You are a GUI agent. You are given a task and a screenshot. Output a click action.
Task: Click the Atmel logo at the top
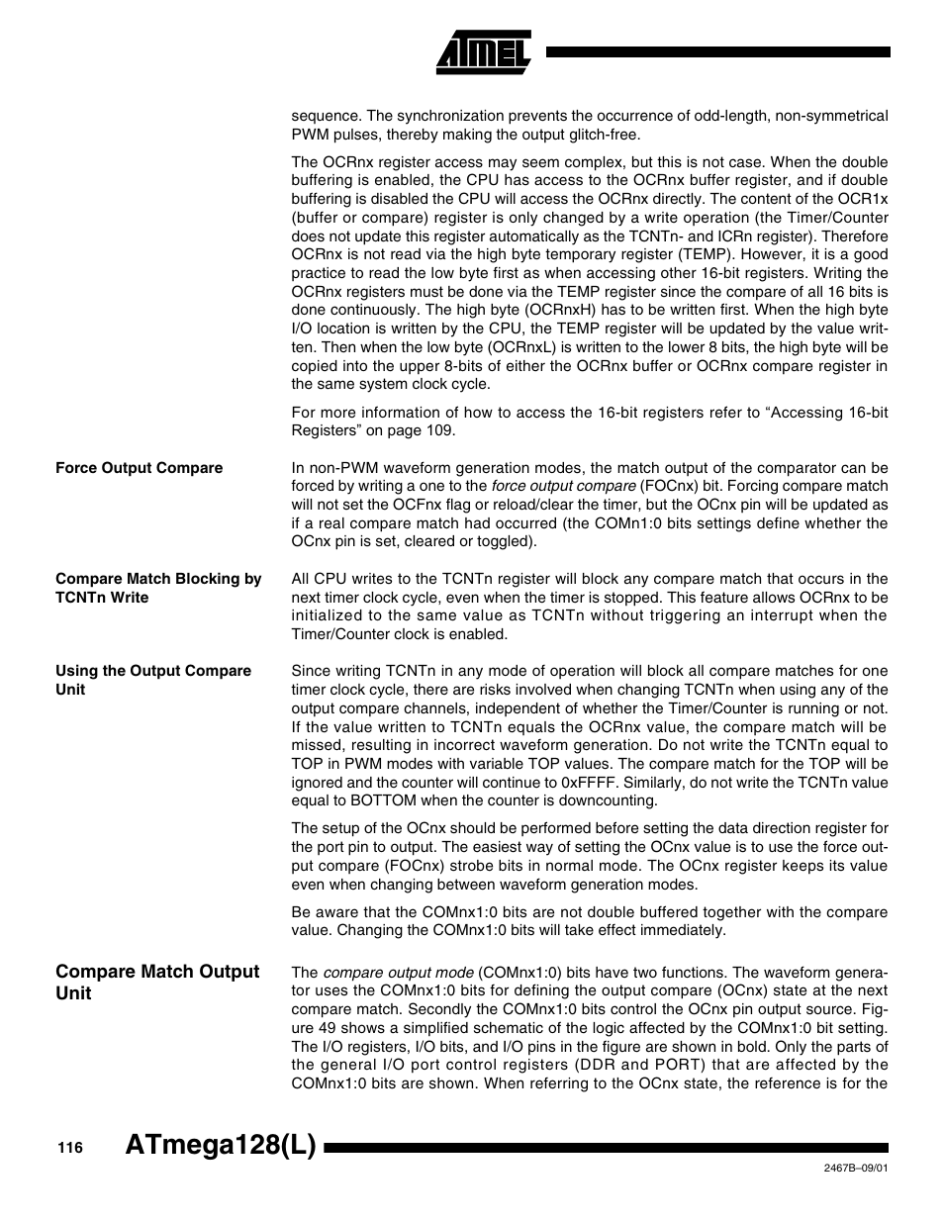tap(484, 51)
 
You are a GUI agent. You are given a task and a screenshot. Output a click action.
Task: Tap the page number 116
tap(68, 1148)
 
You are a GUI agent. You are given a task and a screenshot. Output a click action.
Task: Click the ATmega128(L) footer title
tap(221, 1146)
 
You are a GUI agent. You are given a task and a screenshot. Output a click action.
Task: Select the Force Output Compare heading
tap(139, 468)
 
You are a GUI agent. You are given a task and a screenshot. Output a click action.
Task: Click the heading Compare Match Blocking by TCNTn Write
tap(157, 588)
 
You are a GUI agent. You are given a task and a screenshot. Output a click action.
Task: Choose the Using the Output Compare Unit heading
tap(152, 680)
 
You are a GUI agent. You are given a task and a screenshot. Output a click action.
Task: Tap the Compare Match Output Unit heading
tap(156, 982)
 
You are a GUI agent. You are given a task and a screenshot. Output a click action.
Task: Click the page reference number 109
tap(439, 430)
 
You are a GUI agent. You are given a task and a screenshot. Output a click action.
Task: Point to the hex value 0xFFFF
tap(587, 783)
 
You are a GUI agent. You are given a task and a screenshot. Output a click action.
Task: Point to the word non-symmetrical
tap(831, 116)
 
